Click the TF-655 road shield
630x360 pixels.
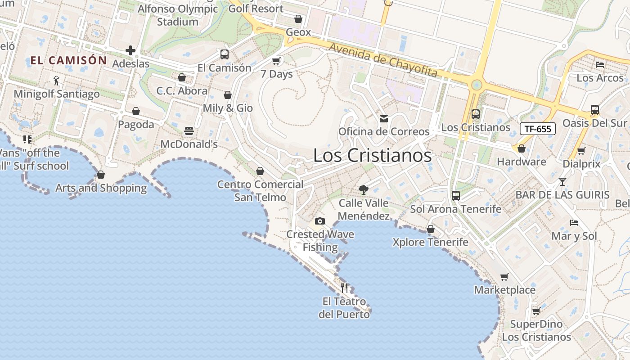[538, 129]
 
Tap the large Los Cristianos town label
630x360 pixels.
[372, 156]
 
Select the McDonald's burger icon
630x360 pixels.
[189, 131]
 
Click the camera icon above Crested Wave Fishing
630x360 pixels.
[320, 221]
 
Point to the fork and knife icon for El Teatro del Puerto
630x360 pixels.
[344, 288]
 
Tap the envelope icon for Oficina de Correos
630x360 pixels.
[384, 119]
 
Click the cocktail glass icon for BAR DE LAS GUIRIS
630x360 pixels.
[562, 182]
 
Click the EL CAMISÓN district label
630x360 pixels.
[69, 60]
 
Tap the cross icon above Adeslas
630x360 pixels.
[130, 50]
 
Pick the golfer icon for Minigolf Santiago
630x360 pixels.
[56, 81]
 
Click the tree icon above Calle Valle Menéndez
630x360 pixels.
[364, 190]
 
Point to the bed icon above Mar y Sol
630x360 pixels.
[574, 223]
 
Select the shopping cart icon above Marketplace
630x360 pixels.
[504, 277]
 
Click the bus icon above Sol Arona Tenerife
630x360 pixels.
[456, 196]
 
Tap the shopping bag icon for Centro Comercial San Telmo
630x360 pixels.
[260, 171]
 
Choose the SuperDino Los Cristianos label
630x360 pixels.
[536, 331]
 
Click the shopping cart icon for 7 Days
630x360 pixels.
[276, 61]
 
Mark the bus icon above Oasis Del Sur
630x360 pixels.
[594, 110]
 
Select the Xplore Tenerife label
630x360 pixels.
[430, 242]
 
